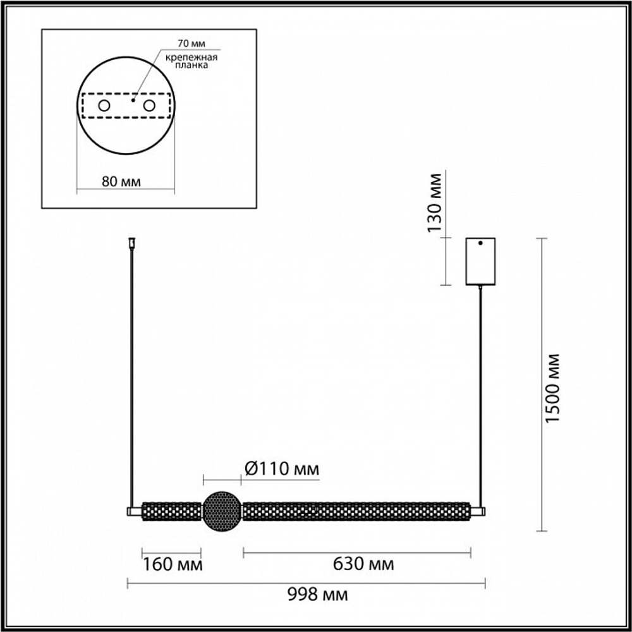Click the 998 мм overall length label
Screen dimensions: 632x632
pos(318,595)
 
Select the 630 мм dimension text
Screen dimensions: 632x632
pos(363,564)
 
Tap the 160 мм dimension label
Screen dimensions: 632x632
pos(173,564)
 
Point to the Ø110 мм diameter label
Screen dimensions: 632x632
pos(282,469)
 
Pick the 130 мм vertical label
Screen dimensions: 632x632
pos(435,203)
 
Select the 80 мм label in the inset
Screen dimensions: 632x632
pos(121,182)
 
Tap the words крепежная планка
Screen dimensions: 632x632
pos(191,61)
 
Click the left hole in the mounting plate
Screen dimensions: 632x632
pos(104,106)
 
